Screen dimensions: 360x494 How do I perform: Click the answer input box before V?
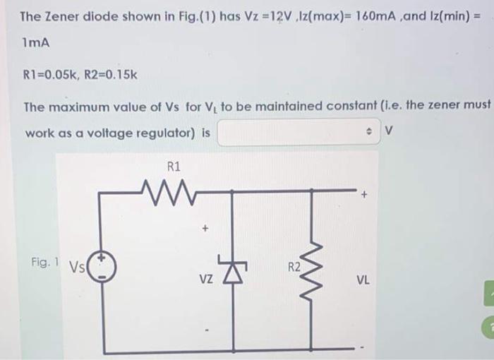(x=296, y=133)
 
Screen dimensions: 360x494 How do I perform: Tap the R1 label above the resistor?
(x=174, y=167)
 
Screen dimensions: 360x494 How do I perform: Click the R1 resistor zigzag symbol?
(x=167, y=190)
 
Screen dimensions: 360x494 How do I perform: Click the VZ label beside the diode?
(x=205, y=279)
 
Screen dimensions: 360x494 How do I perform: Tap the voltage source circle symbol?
(x=102, y=270)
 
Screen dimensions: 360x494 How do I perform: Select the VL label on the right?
(x=363, y=279)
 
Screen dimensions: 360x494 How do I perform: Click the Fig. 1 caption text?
(x=44, y=262)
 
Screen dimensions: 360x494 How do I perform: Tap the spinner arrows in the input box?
(x=368, y=133)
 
